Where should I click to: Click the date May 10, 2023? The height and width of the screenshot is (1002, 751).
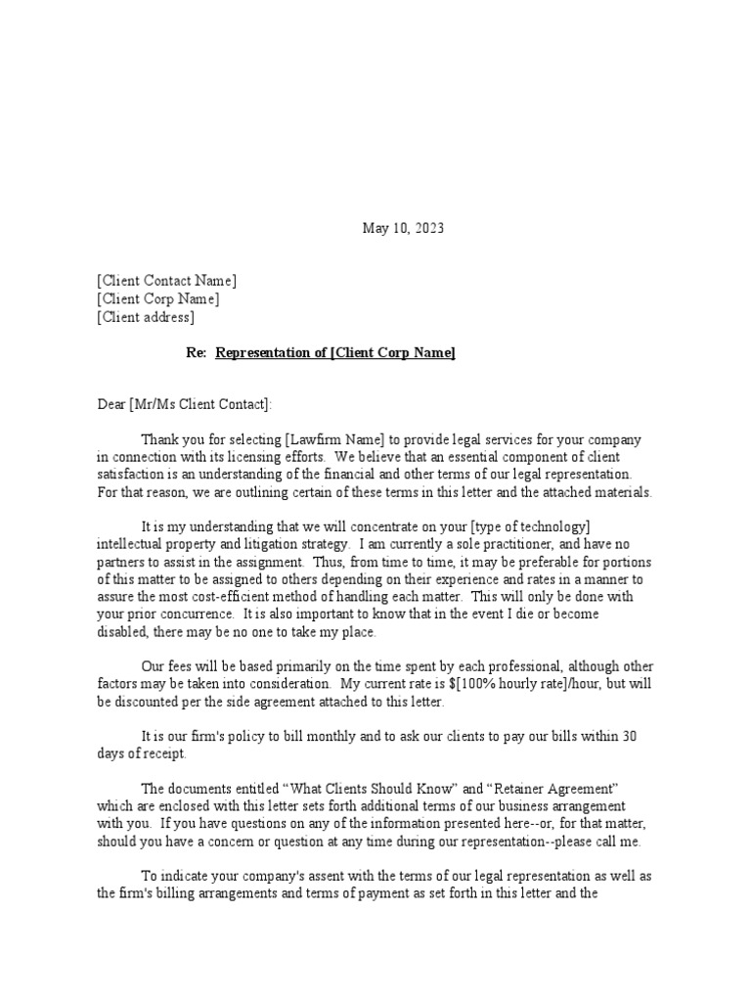(403, 228)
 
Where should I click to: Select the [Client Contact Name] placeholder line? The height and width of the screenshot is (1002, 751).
(166, 281)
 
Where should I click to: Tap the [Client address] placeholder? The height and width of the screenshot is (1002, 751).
(146, 317)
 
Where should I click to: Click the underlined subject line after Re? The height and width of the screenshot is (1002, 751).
(334, 353)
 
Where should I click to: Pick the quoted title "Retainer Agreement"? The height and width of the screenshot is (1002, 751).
(547, 788)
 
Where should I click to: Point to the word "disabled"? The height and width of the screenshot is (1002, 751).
(122, 633)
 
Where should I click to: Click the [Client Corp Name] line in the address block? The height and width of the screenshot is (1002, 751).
(158, 299)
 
